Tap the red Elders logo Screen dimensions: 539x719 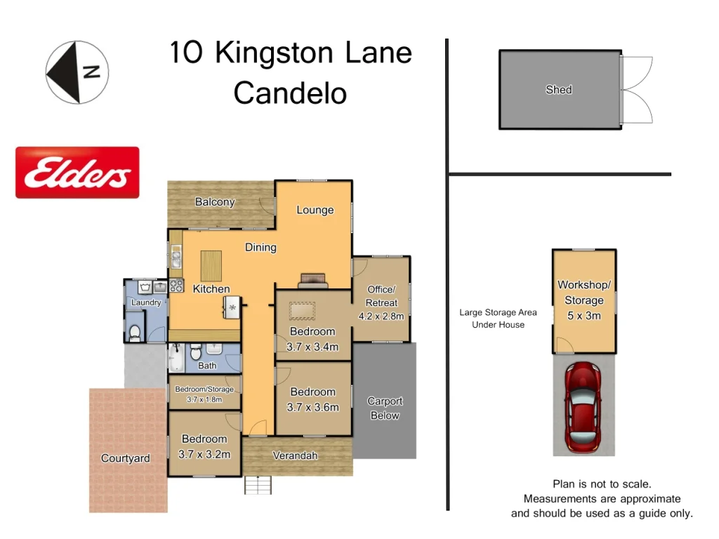click(x=77, y=173)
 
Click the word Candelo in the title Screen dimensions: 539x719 click(x=290, y=93)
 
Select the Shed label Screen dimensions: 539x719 click(x=559, y=90)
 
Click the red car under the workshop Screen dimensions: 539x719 click(x=583, y=408)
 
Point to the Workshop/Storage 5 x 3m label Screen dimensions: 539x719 click(x=584, y=300)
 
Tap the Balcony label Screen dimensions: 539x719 click(x=215, y=202)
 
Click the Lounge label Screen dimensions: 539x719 click(x=315, y=210)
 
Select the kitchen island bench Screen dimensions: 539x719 click(x=211, y=265)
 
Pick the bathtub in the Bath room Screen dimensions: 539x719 click(x=176, y=358)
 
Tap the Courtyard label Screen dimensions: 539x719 click(x=126, y=458)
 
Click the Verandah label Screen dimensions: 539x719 click(x=295, y=455)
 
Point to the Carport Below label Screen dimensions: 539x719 click(x=385, y=408)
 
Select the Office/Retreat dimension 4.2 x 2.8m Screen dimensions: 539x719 click(x=381, y=316)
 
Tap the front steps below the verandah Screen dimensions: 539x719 click(x=258, y=484)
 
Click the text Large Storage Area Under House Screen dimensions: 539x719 click(x=498, y=319)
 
